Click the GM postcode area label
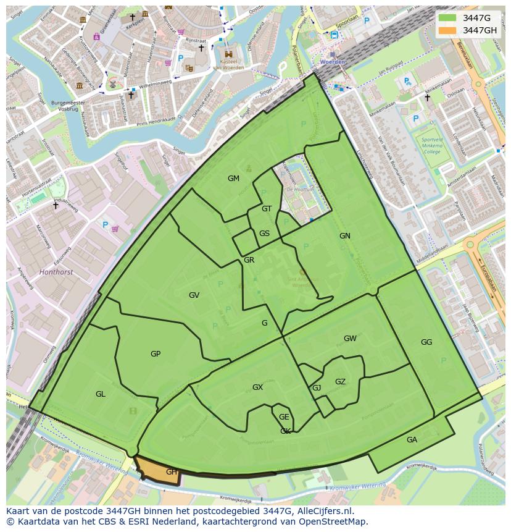click(x=233, y=179)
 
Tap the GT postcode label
click(x=267, y=209)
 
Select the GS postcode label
click(x=264, y=234)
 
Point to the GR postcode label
click(x=249, y=260)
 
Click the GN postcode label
click(x=344, y=236)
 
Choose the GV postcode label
click(x=194, y=295)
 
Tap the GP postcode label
click(x=156, y=354)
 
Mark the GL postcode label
click(x=100, y=394)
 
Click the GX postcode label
click(x=257, y=387)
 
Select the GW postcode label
click(x=350, y=339)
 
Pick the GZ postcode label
click(x=340, y=382)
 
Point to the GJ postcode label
click(x=317, y=388)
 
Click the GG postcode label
click(x=426, y=342)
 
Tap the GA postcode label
click(x=412, y=440)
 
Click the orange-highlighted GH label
click(x=172, y=472)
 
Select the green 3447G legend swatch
click(x=447, y=19)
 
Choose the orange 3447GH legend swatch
click(x=447, y=31)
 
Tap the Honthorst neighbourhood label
click(x=56, y=272)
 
